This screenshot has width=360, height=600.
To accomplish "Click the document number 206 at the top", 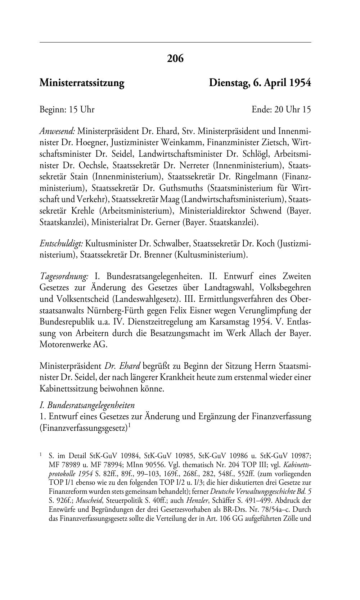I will [175, 58].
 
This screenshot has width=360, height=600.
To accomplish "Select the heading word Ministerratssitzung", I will [82, 83].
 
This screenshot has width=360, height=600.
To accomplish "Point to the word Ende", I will [262, 109].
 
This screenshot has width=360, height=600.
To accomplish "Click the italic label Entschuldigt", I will [61, 244].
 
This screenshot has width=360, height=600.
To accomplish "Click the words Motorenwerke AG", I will [73, 345].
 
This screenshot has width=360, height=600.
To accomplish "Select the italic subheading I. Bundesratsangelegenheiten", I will [87, 406].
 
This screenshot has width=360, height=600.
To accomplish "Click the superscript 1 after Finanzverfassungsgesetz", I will [129, 426].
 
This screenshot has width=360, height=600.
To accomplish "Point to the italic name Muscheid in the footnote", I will [88, 501].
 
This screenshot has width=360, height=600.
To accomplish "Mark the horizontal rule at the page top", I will [175, 42].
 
